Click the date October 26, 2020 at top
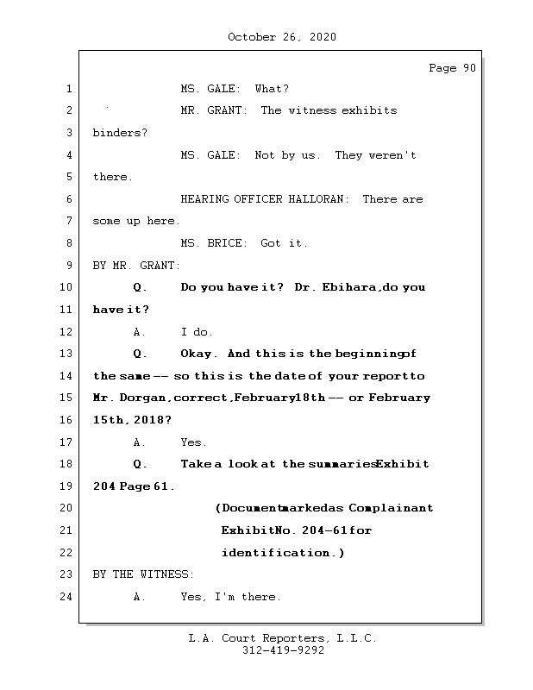[x=282, y=37]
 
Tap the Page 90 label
[x=452, y=68]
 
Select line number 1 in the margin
[x=68, y=89]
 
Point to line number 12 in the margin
[x=66, y=332]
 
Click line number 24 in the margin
[x=66, y=597]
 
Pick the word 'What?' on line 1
[x=272, y=89]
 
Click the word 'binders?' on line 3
[x=120, y=133]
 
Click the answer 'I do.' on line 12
[x=197, y=332]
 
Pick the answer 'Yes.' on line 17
[x=194, y=442]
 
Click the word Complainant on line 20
[x=391, y=508]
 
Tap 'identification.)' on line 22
[x=283, y=552]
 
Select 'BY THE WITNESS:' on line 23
[x=143, y=574]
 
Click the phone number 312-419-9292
[x=283, y=651]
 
